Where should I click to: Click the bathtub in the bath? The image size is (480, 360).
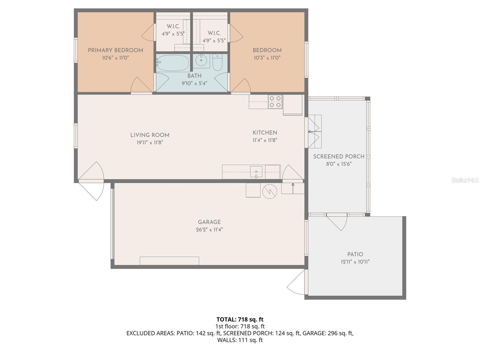(x=173, y=63)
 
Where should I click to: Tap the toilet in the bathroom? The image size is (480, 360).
(x=217, y=62)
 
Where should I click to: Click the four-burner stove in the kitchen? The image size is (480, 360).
(x=275, y=102)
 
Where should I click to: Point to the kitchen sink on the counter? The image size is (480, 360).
(x=256, y=172)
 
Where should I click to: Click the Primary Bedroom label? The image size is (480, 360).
(x=115, y=50)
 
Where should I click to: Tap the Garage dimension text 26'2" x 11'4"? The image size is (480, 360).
(x=209, y=230)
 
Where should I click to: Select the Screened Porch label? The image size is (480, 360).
(x=339, y=157)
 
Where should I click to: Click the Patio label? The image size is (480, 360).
(x=355, y=254)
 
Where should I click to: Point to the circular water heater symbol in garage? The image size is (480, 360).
(x=270, y=191)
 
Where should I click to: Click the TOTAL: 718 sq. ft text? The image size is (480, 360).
(x=240, y=319)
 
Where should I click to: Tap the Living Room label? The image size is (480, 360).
(x=150, y=135)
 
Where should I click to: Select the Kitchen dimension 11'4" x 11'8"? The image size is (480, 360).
(x=265, y=140)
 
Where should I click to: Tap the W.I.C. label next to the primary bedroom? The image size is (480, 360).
(x=173, y=26)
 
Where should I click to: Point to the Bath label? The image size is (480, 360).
(x=194, y=76)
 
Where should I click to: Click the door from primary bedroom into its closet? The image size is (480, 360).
(x=148, y=33)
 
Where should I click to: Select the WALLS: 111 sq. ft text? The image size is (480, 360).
(x=240, y=340)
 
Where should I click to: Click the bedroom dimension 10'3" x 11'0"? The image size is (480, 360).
(x=267, y=58)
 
